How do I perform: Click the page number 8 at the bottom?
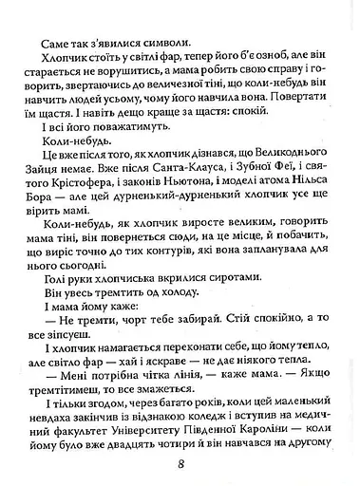click(180, 464)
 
